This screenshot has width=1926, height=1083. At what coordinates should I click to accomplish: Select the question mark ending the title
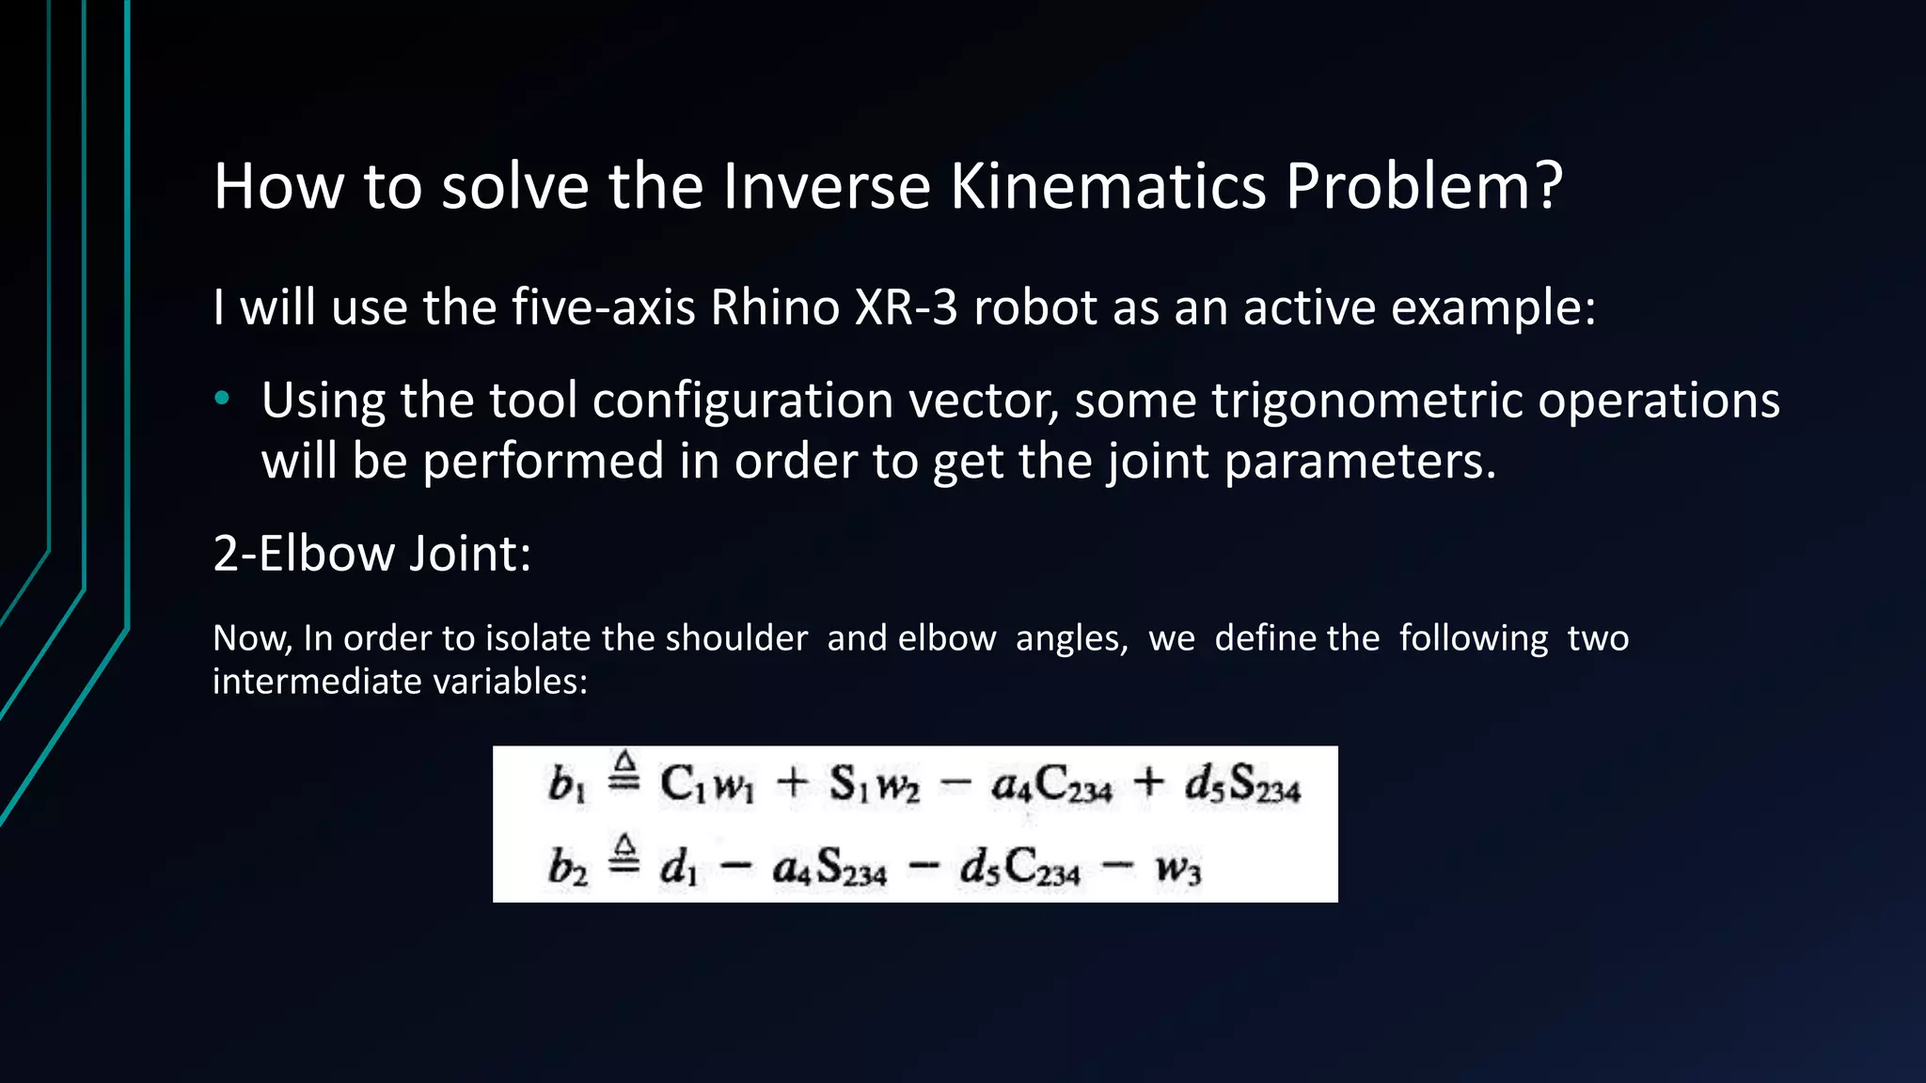(1546, 186)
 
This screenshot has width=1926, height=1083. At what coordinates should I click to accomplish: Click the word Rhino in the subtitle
(774, 308)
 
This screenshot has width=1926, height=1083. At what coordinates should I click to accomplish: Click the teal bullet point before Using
(222, 400)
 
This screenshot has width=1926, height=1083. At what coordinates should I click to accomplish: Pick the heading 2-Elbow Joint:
(372, 554)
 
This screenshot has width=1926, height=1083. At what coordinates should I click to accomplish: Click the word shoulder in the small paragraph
(736, 639)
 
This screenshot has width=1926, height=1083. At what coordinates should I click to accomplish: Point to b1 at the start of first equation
(566, 784)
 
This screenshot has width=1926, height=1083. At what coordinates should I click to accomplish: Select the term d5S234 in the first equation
(1242, 784)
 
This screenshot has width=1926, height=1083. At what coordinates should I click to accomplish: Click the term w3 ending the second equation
(1178, 868)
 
